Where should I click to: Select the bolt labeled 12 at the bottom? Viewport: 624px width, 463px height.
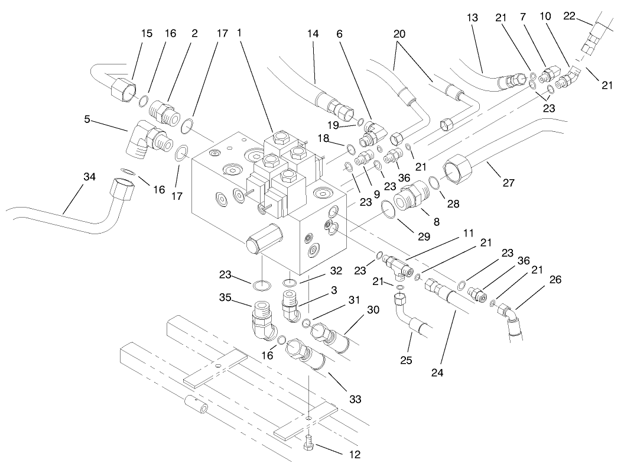pos(310,443)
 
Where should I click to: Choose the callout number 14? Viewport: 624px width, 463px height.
pos(313,35)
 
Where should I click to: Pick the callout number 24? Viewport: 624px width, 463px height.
pos(438,373)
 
